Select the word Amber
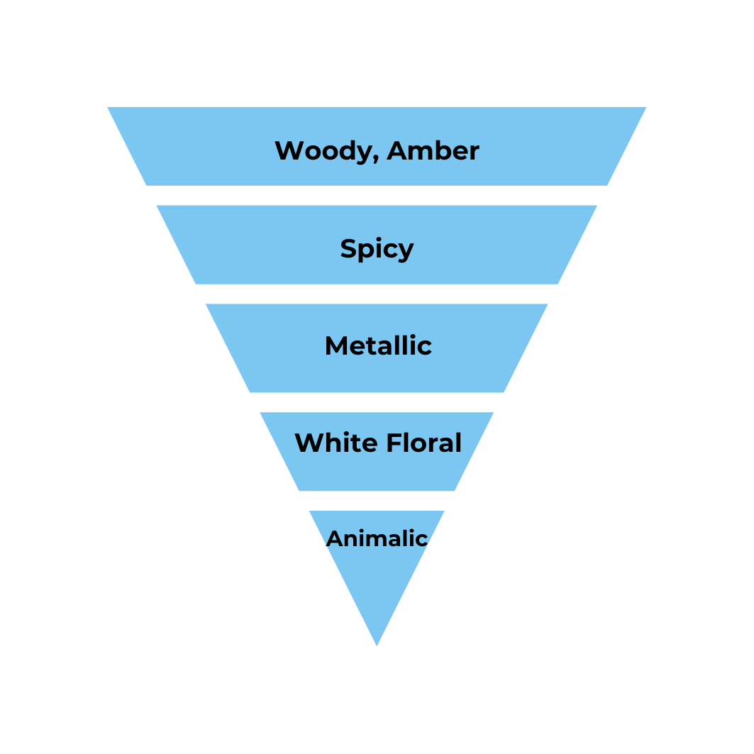pyautogui.click(x=433, y=151)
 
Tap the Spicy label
pyautogui.click(x=377, y=249)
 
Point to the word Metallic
pyautogui.click(x=378, y=346)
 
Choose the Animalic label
pyautogui.click(x=377, y=539)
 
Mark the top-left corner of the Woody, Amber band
pyautogui.click(x=108, y=107)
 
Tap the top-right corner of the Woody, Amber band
pyautogui.click(x=646, y=107)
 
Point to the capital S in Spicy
pyautogui.click(x=349, y=249)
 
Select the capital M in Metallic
pyautogui.click(x=338, y=346)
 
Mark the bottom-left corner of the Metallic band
pyautogui.click(x=250, y=392)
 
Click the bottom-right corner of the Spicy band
pyautogui.click(x=558, y=284)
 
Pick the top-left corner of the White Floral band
pyautogui.click(x=260, y=413)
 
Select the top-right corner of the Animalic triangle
pyautogui.click(x=445, y=511)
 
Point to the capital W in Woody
pyautogui.click(x=288, y=151)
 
